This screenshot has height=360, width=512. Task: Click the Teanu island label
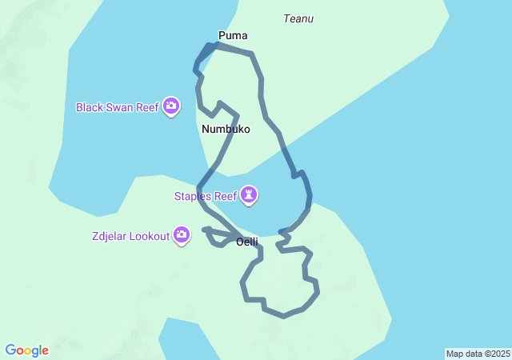(x=298, y=18)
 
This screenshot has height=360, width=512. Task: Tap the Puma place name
(x=233, y=35)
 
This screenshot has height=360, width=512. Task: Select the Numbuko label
(x=226, y=129)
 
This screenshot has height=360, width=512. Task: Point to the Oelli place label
(x=246, y=242)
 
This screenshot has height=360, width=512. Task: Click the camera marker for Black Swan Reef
(x=170, y=106)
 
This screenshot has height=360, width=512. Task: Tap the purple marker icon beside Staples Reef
(x=250, y=195)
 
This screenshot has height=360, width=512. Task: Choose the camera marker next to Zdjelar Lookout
(x=182, y=235)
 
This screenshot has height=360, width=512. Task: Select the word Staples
(x=193, y=195)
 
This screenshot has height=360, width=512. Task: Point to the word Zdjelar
(x=110, y=235)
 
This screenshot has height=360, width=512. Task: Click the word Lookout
(x=150, y=235)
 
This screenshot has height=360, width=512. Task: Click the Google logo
(x=26, y=350)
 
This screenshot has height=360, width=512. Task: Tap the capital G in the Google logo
(x=10, y=350)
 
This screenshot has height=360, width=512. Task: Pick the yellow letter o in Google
(x=29, y=351)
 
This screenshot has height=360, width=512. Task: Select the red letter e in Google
(x=45, y=351)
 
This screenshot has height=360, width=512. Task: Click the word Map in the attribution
(x=454, y=354)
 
